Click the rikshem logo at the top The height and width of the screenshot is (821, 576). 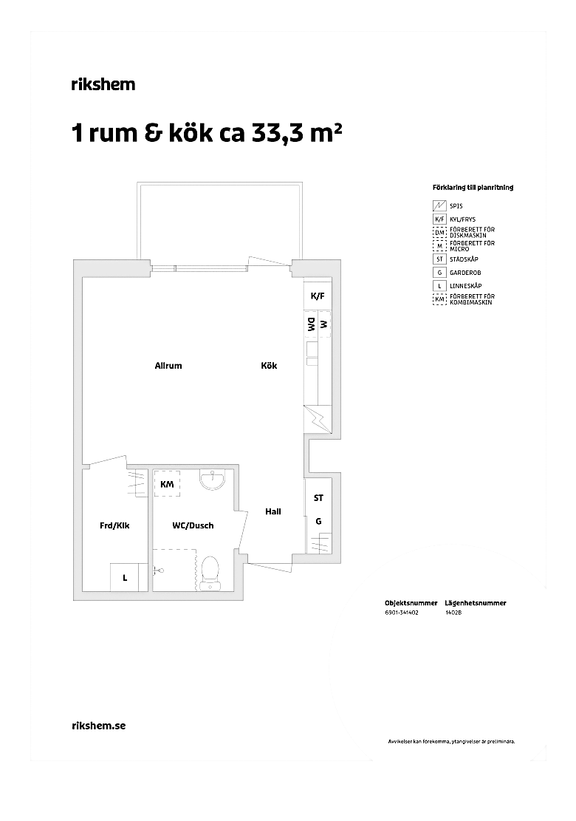tap(103, 84)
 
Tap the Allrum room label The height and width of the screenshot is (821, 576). tap(168, 366)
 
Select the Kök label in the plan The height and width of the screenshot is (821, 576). tap(269, 366)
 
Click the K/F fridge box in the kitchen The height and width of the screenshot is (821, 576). tap(318, 296)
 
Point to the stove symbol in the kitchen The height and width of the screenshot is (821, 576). tap(318, 420)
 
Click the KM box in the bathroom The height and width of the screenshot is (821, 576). tap(167, 484)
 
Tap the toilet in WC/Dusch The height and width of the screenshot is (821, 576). tap(210, 573)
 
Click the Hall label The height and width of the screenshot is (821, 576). tap(273, 511)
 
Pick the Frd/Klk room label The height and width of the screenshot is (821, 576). tap(114, 525)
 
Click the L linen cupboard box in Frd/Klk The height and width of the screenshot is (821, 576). tap(125, 578)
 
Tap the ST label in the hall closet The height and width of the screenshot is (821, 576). tap(318, 498)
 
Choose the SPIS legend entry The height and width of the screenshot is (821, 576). tap(448, 206)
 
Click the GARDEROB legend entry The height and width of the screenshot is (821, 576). tap(456, 273)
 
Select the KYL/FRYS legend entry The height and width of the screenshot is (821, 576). tap(455, 220)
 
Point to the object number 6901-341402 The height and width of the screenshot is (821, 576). tap(401, 613)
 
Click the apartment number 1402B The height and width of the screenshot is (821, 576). tap(453, 613)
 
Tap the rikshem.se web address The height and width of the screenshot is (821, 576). tap(98, 726)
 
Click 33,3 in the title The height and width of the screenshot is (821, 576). tap(276, 134)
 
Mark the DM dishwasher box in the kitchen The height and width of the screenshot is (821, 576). tap(312, 325)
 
